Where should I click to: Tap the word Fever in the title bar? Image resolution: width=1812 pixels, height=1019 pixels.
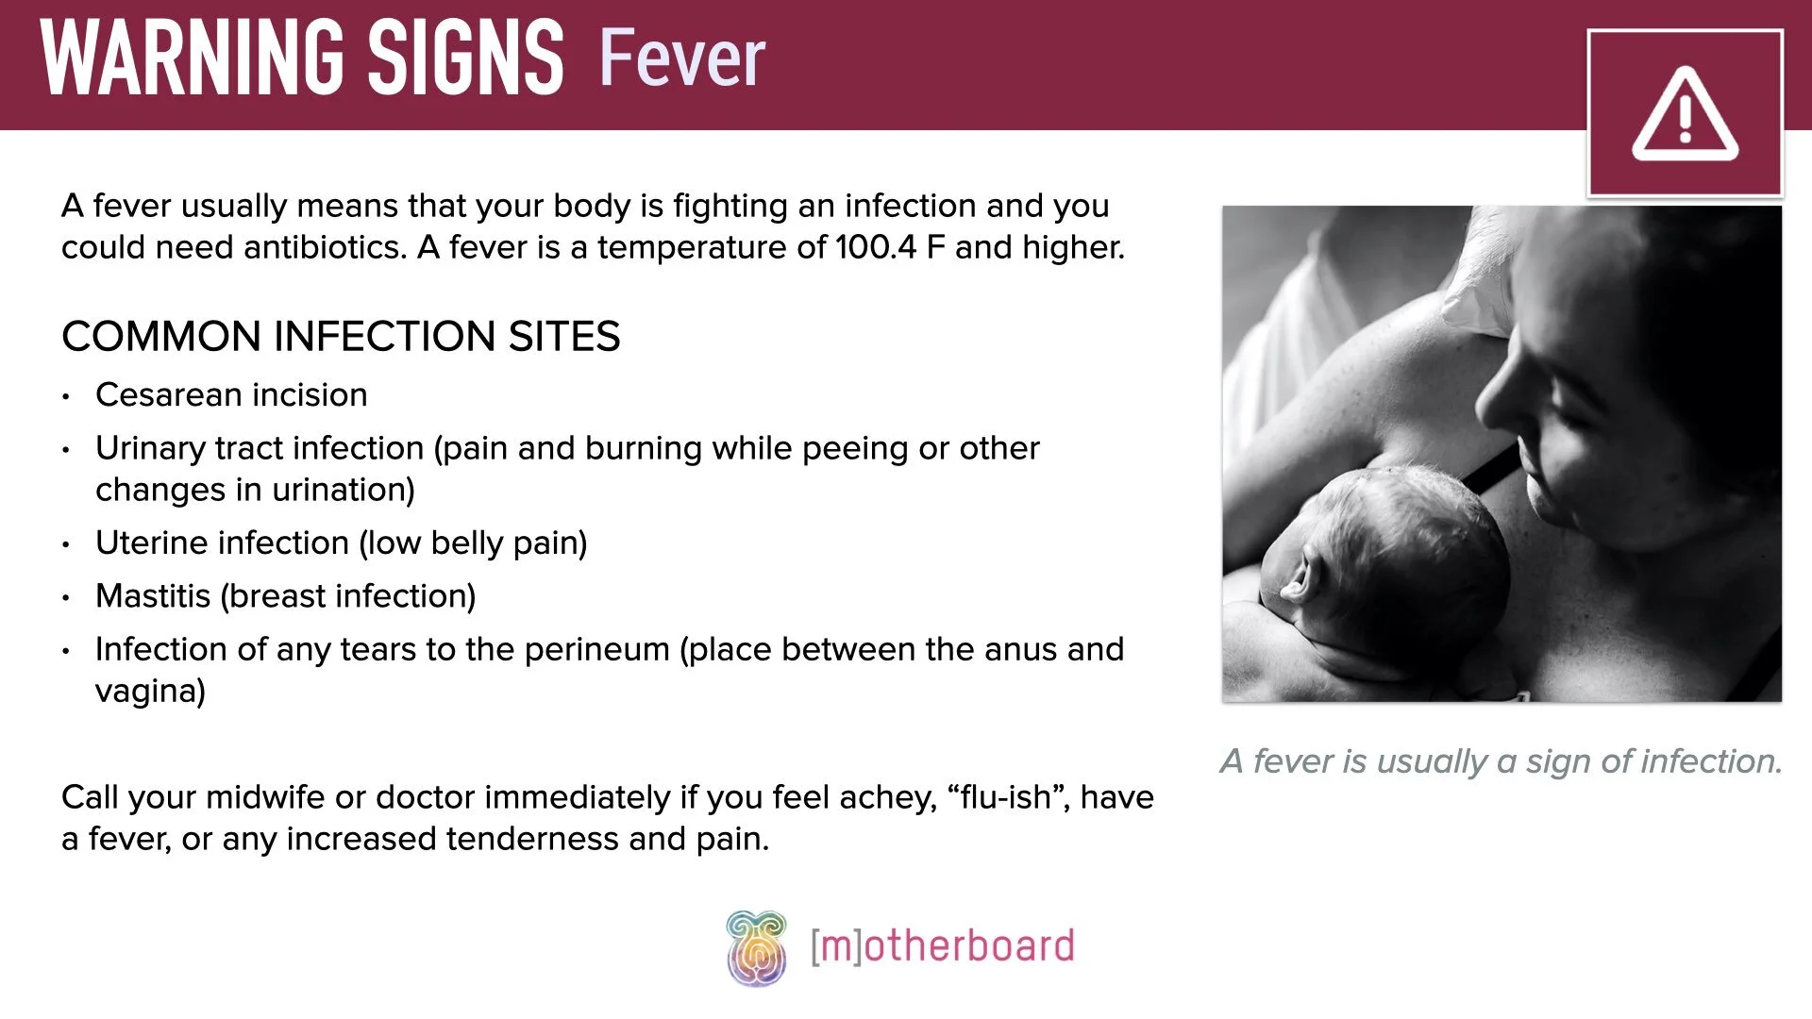[x=681, y=58]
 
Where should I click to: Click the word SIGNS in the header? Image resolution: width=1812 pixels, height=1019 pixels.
[x=465, y=58]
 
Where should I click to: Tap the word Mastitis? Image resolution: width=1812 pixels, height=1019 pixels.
[x=153, y=596]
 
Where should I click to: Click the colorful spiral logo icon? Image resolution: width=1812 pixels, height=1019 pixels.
[x=756, y=948]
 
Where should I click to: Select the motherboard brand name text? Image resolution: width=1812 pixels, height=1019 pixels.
[x=942, y=946]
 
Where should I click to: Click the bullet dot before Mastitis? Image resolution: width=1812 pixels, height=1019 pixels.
[x=66, y=597]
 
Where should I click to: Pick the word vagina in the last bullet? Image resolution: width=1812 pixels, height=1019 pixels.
[x=150, y=691]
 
